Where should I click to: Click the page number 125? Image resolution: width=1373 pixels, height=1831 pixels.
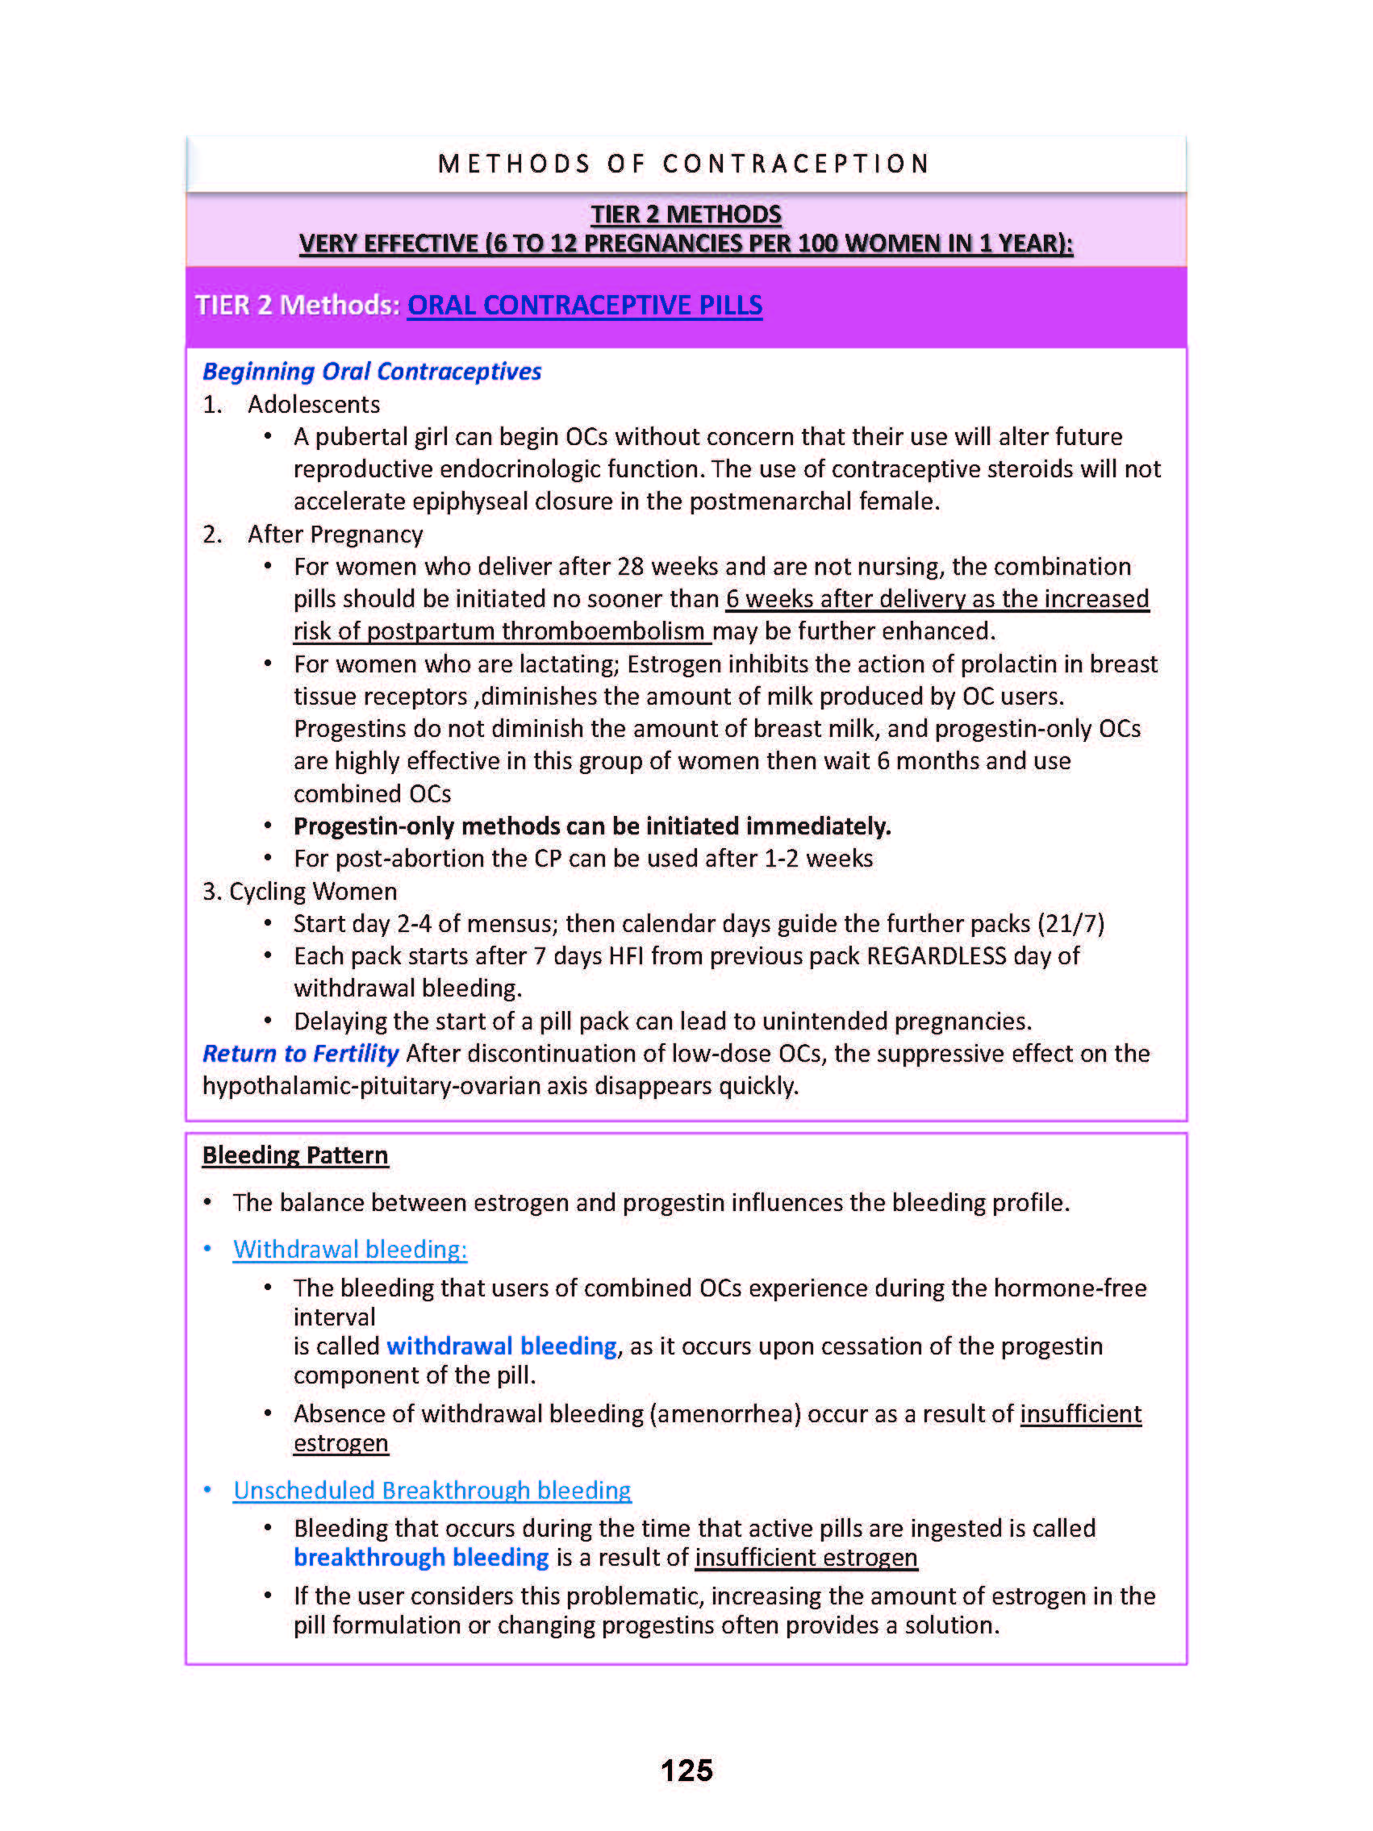(686, 1770)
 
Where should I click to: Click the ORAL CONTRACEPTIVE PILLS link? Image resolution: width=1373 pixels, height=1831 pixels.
(584, 306)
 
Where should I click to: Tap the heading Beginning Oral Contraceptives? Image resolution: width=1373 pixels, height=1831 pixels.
(372, 372)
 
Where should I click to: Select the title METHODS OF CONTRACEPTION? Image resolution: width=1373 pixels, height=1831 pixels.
(684, 164)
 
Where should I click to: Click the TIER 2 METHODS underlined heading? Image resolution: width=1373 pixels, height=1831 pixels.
(686, 214)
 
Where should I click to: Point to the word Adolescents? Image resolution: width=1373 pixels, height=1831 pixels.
(314, 405)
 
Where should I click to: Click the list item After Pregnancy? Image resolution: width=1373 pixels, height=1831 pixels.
(335, 535)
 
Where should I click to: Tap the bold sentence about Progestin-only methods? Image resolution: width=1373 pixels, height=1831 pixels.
(592, 826)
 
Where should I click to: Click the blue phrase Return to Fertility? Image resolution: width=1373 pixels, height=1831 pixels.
(301, 1054)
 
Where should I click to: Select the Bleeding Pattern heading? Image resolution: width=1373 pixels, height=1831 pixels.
(294, 1155)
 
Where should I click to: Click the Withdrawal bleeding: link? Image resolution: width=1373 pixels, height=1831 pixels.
(349, 1249)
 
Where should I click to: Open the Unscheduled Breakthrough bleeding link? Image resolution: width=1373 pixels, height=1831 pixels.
(432, 1490)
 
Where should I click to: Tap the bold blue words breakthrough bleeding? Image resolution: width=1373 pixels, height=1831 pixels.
(420, 1558)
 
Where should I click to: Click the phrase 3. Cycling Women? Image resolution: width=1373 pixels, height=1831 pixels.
(300, 892)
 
